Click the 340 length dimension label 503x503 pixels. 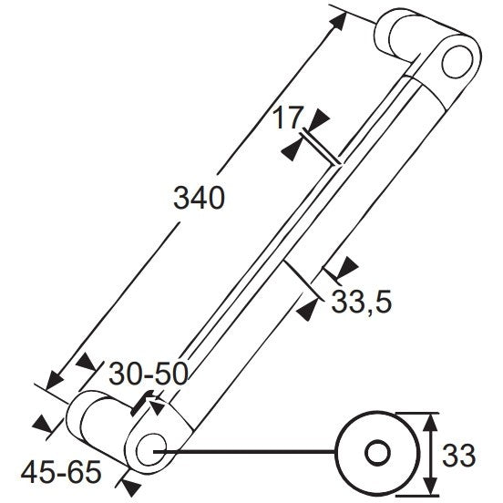[x=199, y=198]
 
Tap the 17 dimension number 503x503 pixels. [x=287, y=118]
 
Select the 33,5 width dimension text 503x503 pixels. [x=362, y=303]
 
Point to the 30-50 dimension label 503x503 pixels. [x=149, y=374]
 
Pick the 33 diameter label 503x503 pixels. [x=458, y=456]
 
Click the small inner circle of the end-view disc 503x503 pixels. [x=378, y=453]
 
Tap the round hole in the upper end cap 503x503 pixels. [x=457, y=62]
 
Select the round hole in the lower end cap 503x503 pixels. [x=151, y=450]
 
